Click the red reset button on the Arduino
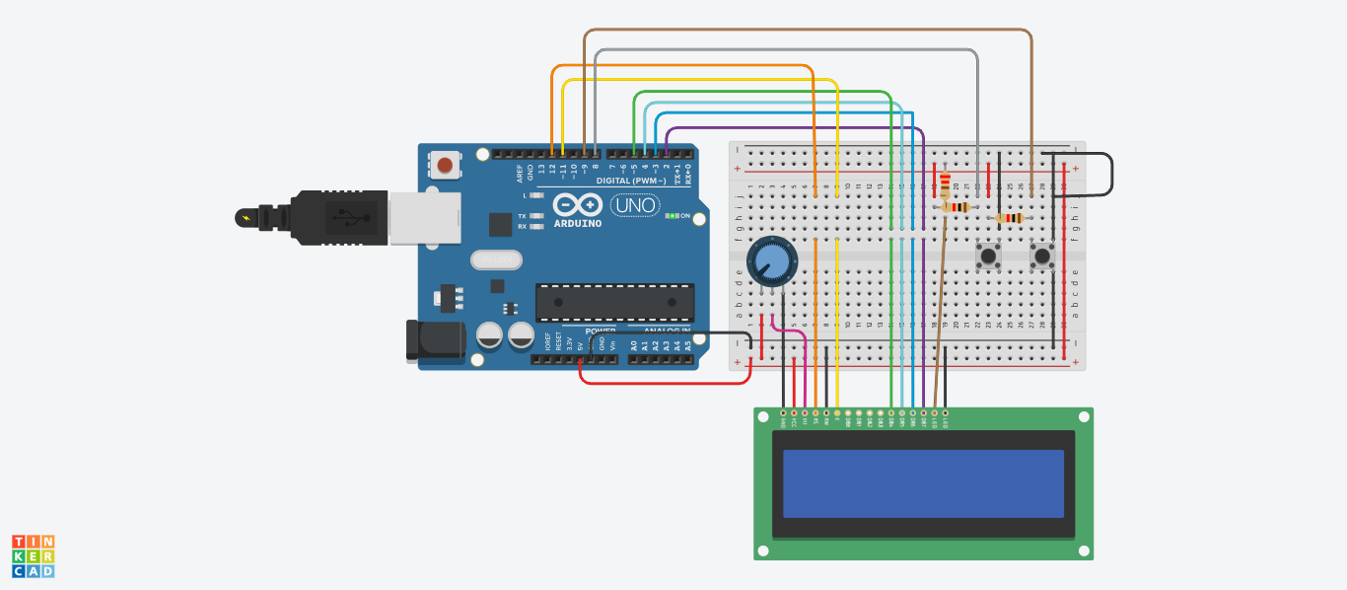pyautogui.click(x=446, y=165)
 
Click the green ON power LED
pyautogui.click(x=672, y=215)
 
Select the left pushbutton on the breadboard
pyautogui.click(x=987, y=257)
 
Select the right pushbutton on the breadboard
pyautogui.click(x=1041, y=257)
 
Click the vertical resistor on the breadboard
pyautogui.click(x=946, y=184)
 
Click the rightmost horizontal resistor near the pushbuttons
pyautogui.click(x=1010, y=218)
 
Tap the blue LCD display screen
pyautogui.click(x=923, y=483)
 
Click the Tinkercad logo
pyautogui.click(x=33, y=556)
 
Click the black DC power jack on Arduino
pyautogui.click(x=434, y=340)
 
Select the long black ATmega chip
pyautogui.click(x=614, y=302)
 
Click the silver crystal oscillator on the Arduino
pyautogui.click(x=495, y=259)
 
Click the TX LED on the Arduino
pyautogui.click(x=536, y=215)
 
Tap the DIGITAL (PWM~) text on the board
pyautogui.click(x=630, y=182)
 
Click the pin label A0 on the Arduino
pyautogui.click(x=634, y=345)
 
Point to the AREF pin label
pyautogui.click(x=520, y=173)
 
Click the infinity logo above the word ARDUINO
pyautogui.click(x=577, y=205)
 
